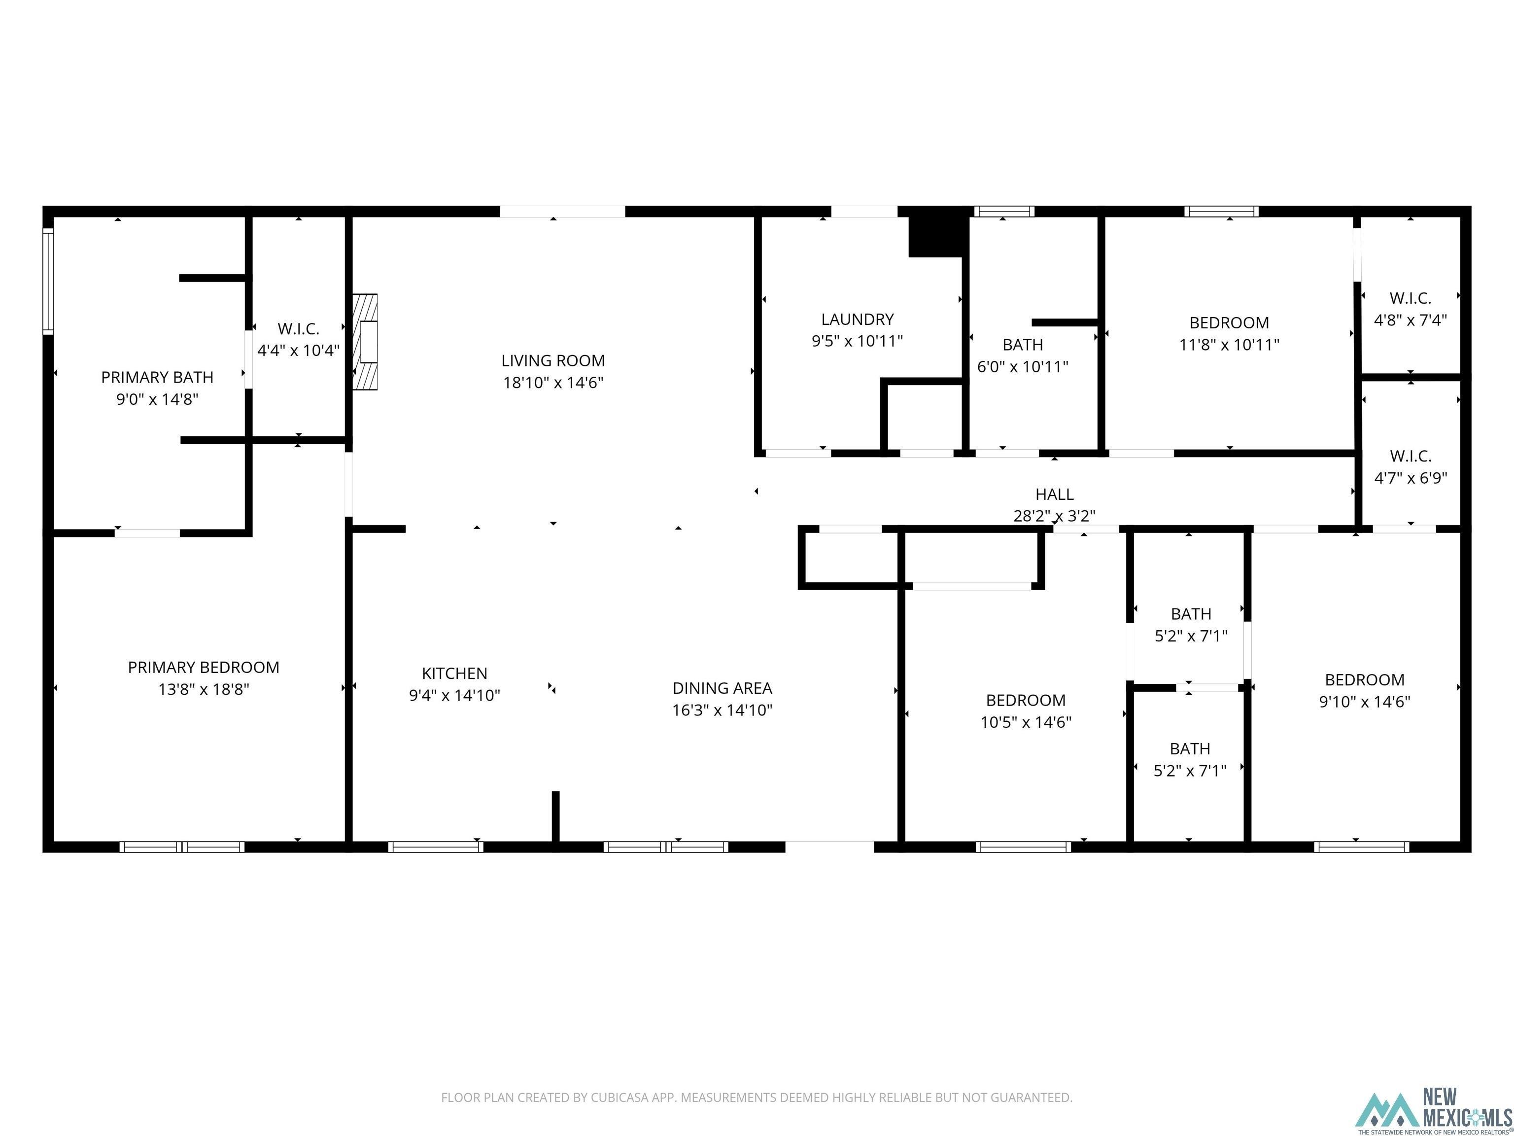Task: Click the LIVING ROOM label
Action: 553,361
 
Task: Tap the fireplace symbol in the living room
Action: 365,342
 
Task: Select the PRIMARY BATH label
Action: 157,377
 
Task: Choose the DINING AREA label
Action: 722,688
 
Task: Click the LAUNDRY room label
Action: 858,319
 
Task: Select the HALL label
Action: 1054,495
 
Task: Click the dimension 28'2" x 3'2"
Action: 1054,516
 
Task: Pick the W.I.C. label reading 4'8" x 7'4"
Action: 1410,299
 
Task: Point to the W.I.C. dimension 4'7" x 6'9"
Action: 1411,478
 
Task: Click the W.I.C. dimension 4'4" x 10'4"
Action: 299,351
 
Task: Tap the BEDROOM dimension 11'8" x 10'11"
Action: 1229,345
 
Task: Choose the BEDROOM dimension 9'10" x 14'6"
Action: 1365,701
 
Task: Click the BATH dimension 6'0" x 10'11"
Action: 1023,366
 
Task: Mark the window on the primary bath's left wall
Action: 48,282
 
